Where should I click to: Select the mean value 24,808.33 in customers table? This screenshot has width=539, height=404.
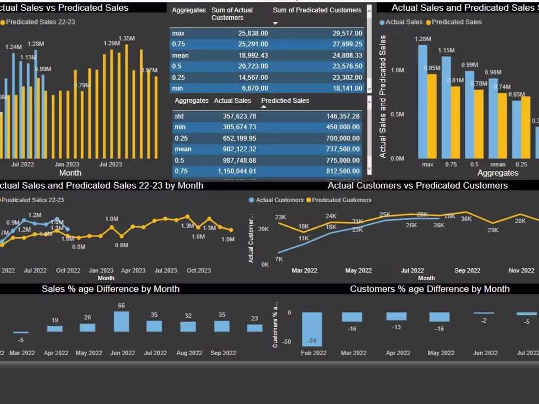click(343, 55)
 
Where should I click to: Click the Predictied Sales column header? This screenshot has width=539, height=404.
click(285, 101)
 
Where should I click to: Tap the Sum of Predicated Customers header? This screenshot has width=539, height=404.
click(317, 10)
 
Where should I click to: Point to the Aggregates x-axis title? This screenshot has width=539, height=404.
click(497, 173)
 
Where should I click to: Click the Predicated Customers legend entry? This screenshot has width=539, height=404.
click(342, 200)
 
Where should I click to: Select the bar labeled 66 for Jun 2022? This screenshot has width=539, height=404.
click(121, 322)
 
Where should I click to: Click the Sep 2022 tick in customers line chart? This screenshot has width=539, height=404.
click(467, 270)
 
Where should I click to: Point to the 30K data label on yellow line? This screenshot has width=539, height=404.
click(466, 219)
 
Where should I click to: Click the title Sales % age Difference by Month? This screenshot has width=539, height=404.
click(110, 289)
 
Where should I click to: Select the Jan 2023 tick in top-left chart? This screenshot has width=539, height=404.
click(67, 165)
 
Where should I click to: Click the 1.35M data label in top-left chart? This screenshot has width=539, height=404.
click(126, 39)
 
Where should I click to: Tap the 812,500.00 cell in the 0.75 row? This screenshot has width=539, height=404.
click(343, 171)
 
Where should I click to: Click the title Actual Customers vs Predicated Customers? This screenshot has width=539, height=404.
click(417, 186)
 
